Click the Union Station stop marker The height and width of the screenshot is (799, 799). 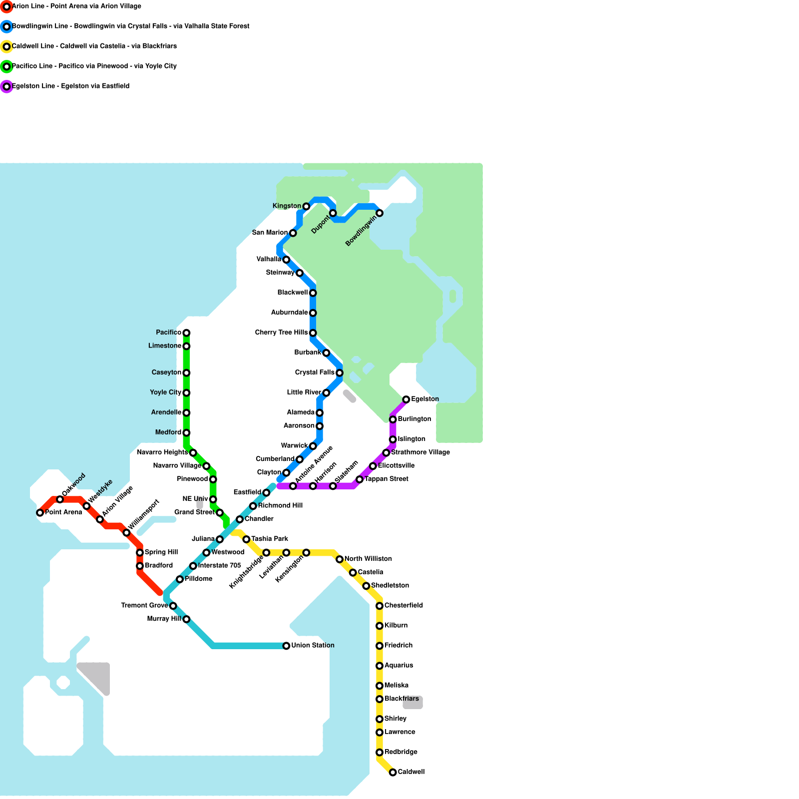pyautogui.click(x=286, y=646)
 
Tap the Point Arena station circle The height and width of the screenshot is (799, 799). pyautogui.click(x=40, y=512)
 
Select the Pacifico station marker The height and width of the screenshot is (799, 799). pyautogui.click(x=186, y=333)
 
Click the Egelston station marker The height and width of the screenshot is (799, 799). pyautogui.click(x=406, y=399)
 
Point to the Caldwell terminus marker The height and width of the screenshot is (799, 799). pyautogui.click(x=393, y=772)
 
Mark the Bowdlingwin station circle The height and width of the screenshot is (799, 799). pyautogui.click(x=380, y=213)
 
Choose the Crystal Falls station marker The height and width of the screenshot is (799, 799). pyautogui.click(x=340, y=373)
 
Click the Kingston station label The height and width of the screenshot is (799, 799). pyautogui.click(x=287, y=206)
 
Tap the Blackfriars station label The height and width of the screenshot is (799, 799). pyautogui.click(x=401, y=699)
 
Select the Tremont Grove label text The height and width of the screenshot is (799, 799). pyautogui.click(x=144, y=606)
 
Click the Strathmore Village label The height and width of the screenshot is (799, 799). pyautogui.click(x=420, y=452)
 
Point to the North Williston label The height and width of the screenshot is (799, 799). pyautogui.click(x=368, y=559)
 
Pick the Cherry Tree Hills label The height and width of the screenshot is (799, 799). pyautogui.click(x=281, y=333)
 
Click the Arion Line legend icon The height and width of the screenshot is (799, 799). pyautogui.click(x=6, y=6)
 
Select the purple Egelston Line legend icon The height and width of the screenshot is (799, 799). pyautogui.click(x=6, y=86)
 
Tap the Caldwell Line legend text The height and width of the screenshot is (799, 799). pyautogui.click(x=94, y=46)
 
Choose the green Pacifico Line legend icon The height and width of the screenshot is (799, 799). pyautogui.click(x=6, y=66)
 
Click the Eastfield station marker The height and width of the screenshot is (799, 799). pyautogui.click(x=266, y=493)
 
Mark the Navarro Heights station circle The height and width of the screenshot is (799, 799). pyautogui.click(x=193, y=452)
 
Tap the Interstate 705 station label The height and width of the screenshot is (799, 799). pyautogui.click(x=219, y=566)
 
